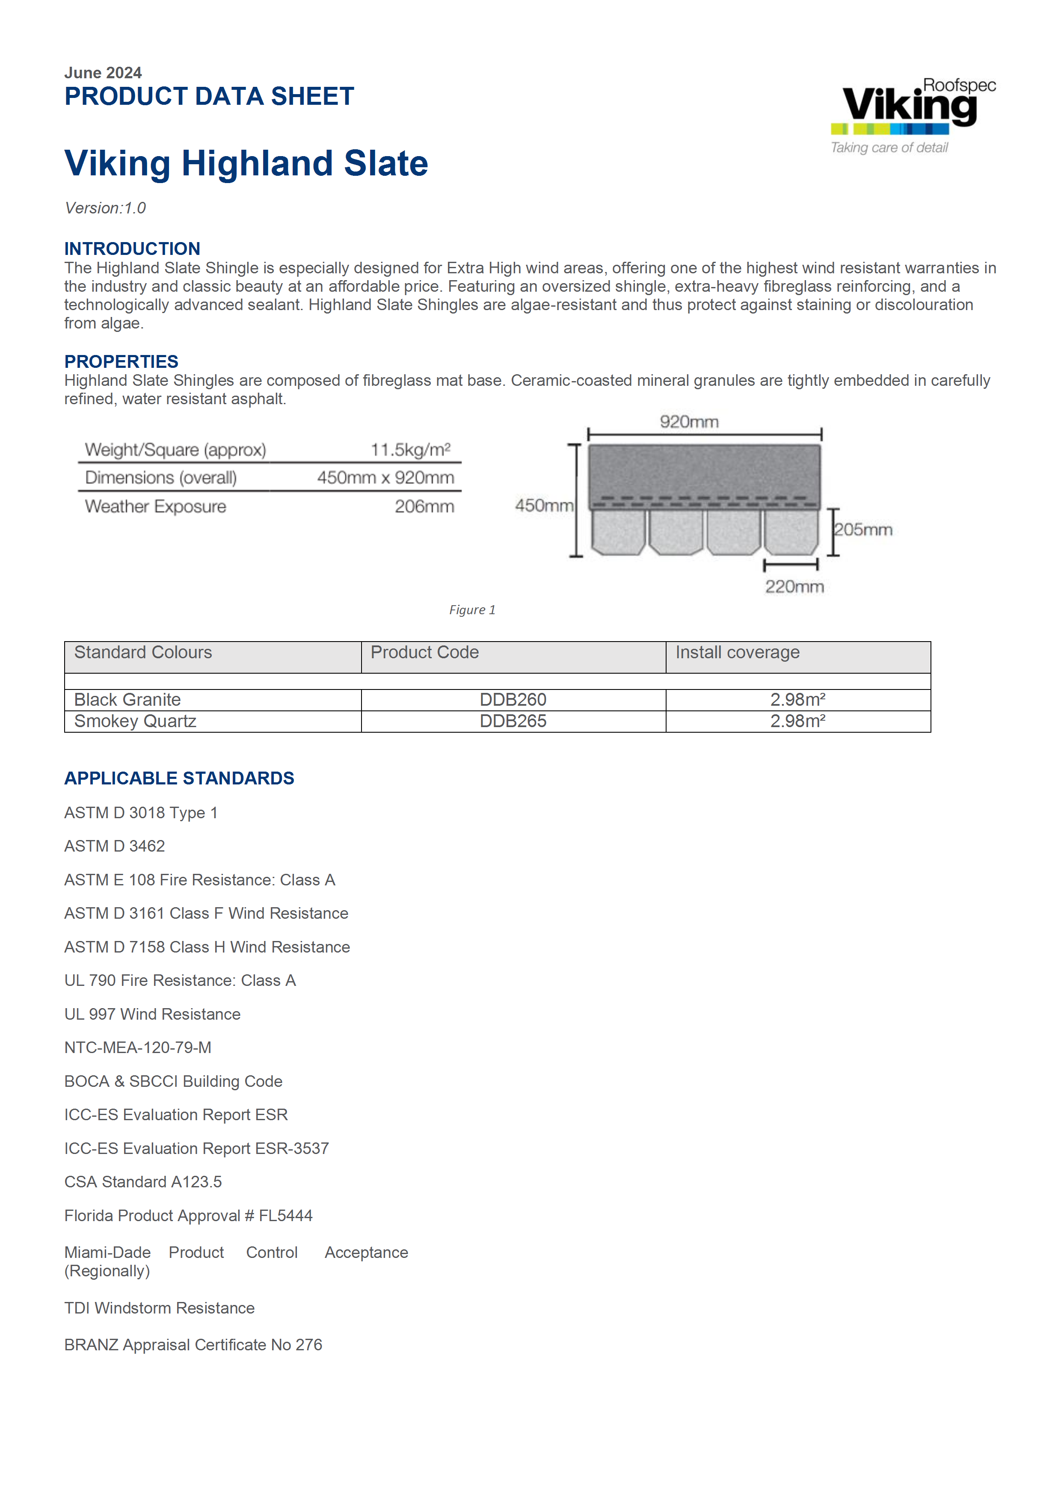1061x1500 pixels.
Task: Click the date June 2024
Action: point(103,73)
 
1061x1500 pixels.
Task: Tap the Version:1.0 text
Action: point(105,208)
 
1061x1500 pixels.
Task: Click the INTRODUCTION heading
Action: point(132,249)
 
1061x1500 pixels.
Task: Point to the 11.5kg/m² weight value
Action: point(410,450)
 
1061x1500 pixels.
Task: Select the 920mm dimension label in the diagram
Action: point(689,422)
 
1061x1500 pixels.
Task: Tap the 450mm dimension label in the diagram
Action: point(544,505)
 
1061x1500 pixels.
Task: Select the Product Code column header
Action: point(425,653)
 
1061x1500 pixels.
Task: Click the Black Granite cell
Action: point(127,700)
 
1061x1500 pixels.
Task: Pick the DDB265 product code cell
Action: point(513,721)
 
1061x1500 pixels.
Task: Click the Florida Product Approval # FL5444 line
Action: point(188,1216)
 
